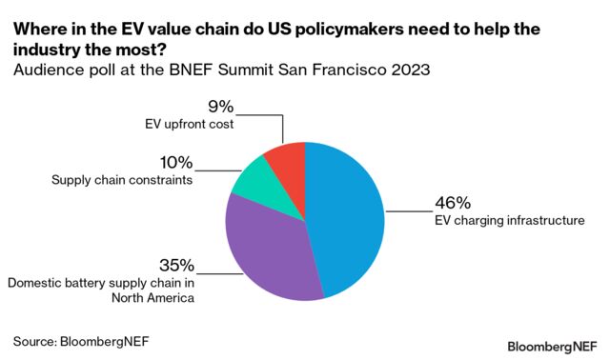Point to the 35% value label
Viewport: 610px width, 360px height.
click(176, 265)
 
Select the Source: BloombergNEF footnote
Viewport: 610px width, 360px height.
click(81, 339)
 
